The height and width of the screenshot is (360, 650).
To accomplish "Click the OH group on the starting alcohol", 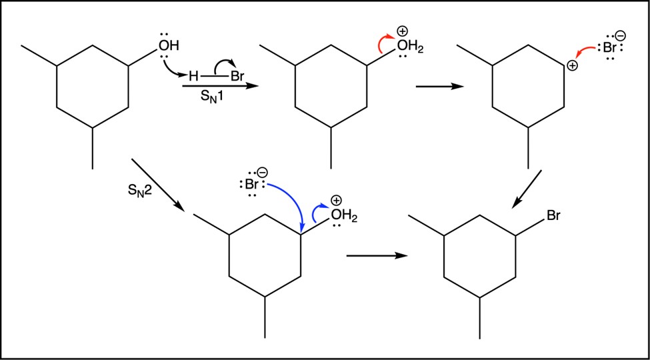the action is (168, 45).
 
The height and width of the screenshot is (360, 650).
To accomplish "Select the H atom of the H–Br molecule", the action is (193, 76).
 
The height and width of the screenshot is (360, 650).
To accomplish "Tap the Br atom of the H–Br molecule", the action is (237, 76).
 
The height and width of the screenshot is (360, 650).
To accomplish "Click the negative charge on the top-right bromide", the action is (621, 35).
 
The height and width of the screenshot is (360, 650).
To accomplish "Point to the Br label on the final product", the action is (554, 216).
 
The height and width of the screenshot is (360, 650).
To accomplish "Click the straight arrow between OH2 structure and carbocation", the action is (439, 87).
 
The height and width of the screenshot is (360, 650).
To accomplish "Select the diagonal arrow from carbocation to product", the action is (527, 189).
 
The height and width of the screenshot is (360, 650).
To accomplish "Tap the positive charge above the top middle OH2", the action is (402, 31).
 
